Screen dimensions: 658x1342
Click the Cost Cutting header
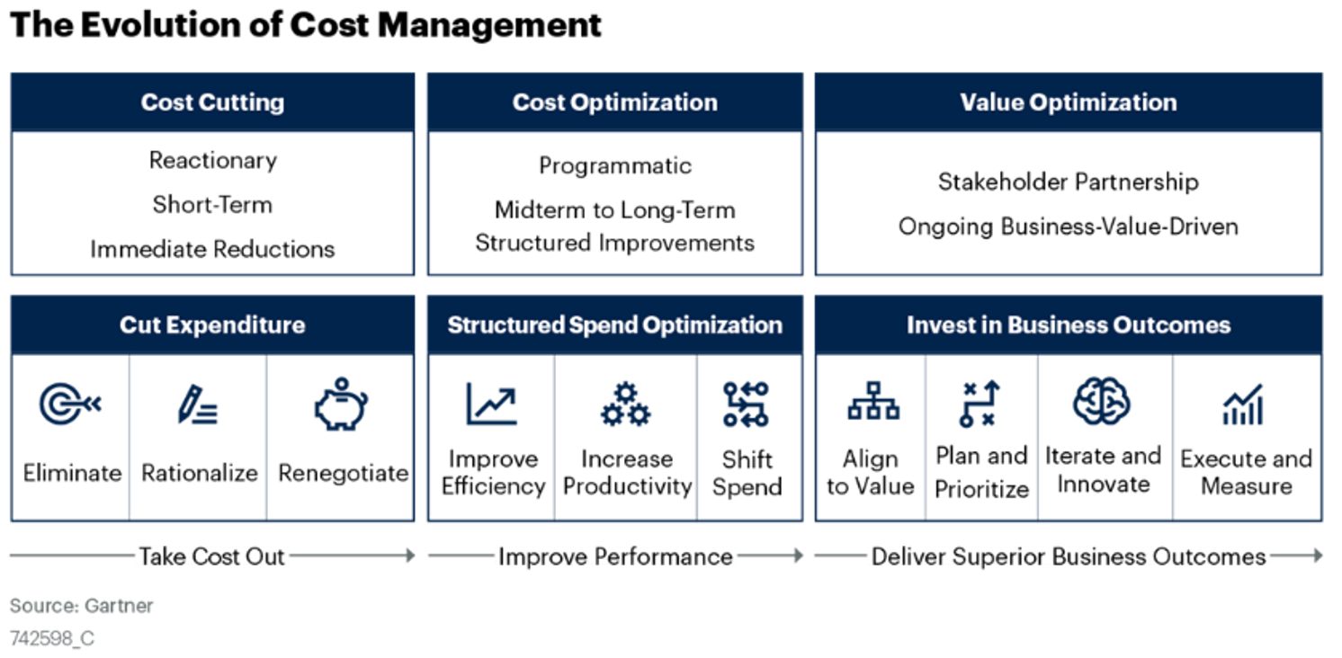(212, 102)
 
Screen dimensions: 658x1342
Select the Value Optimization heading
(1068, 102)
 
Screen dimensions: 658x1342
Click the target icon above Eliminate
(69, 405)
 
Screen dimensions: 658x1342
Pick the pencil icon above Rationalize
(197, 405)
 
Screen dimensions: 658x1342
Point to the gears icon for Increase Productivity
(625, 405)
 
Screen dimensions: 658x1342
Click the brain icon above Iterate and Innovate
(1102, 401)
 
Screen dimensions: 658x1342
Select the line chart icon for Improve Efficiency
(491, 404)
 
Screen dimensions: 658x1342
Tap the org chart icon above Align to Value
(872, 402)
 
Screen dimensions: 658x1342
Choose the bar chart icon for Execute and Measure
(1244, 405)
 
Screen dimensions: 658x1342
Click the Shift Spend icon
(746, 404)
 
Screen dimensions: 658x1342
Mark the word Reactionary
(212, 161)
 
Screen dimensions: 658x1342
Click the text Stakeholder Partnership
(1068, 182)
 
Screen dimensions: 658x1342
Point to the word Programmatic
(615, 166)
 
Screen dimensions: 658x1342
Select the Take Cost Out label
(211, 556)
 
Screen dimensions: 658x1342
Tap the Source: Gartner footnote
(82, 606)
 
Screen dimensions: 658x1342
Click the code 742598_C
(52, 639)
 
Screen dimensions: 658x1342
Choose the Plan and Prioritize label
(981, 473)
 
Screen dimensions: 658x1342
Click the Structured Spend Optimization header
(615, 325)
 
